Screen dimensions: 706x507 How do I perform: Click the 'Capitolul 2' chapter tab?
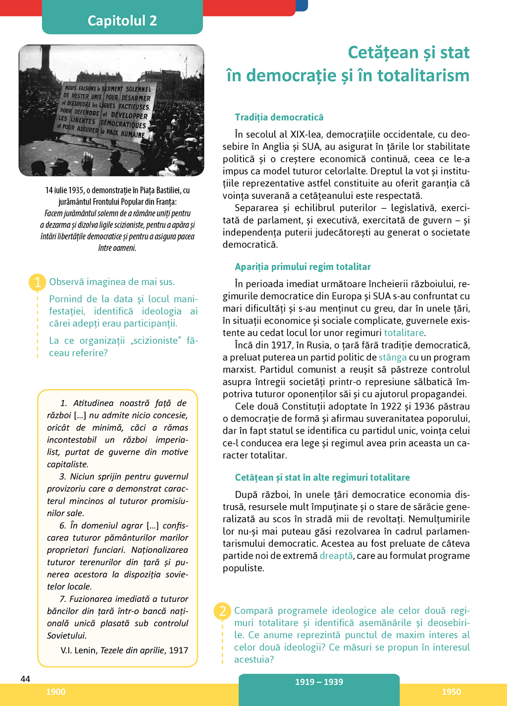(x=122, y=20)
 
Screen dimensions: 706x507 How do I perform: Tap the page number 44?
(x=25, y=679)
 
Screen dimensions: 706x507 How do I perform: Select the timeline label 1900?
(x=55, y=692)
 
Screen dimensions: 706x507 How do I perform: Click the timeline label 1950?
(x=451, y=692)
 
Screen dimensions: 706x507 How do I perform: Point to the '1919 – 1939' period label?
(x=319, y=682)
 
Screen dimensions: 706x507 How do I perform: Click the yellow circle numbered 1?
(x=38, y=282)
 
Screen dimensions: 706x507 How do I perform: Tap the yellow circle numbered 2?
(x=222, y=611)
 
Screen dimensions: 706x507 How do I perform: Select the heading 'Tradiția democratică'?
(x=279, y=117)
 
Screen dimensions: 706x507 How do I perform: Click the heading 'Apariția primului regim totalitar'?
(x=303, y=267)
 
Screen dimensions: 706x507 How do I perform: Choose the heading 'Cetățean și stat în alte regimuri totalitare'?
(x=322, y=477)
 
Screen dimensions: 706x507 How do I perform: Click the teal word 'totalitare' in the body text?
(x=404, y=333)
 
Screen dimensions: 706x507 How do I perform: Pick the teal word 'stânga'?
(x=393, y=357)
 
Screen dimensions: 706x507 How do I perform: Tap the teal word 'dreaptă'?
(x=336, y=556)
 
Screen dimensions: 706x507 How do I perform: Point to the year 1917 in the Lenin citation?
(x=178, y=650)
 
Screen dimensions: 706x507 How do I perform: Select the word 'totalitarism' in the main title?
(x=423, y=75)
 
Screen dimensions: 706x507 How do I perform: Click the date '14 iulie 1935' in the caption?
(x=64, y=190)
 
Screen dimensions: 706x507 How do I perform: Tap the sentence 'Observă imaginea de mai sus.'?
(x=112, y=282)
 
